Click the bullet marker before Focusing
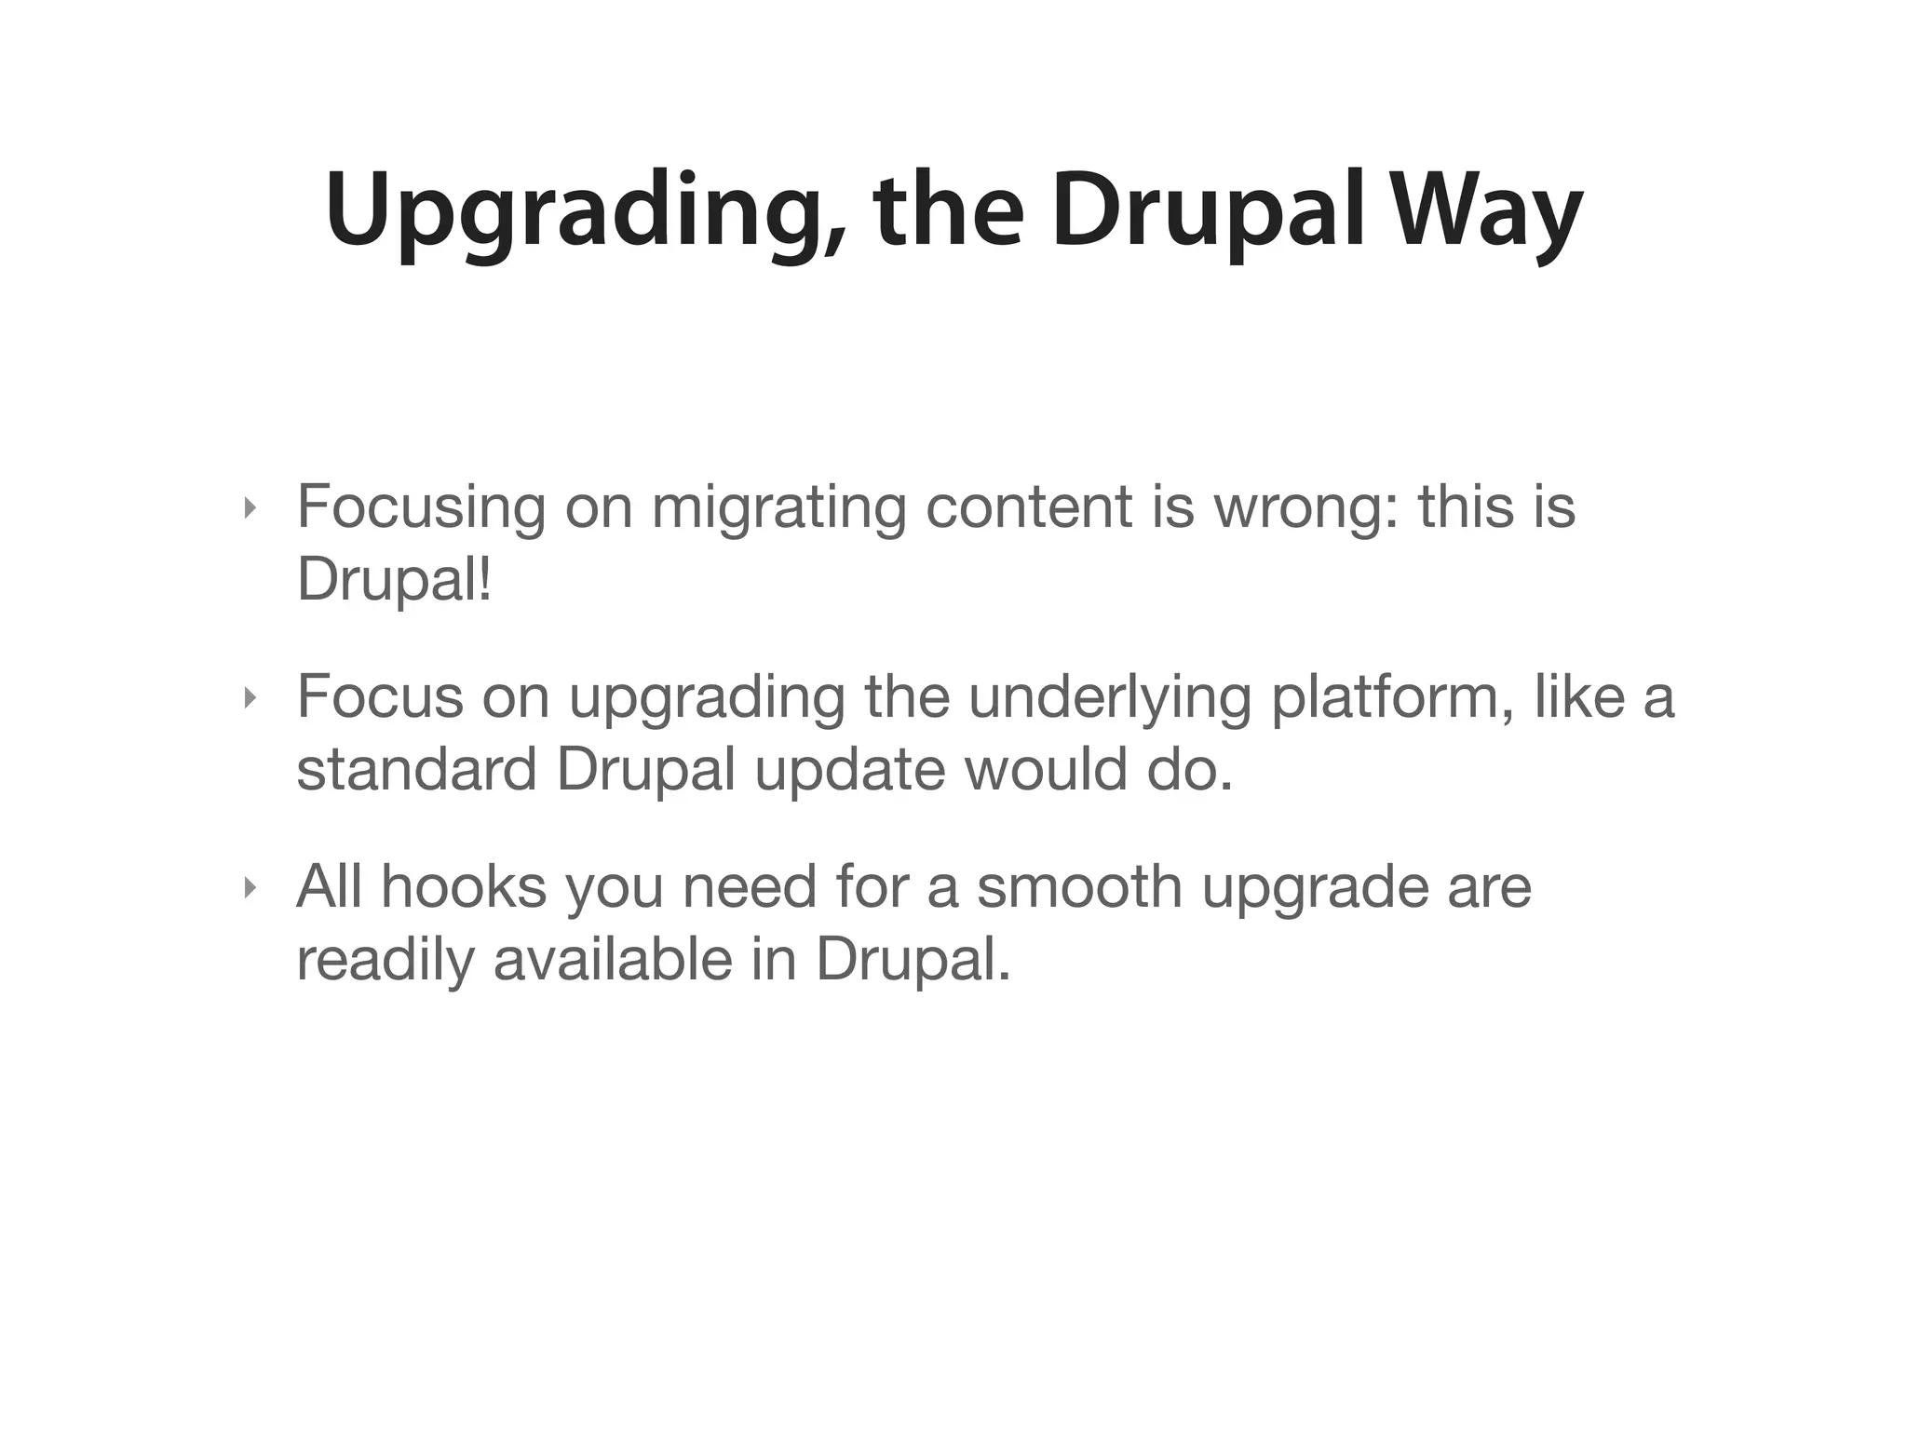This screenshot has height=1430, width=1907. (x=248, y=508)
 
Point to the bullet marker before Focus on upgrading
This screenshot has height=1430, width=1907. (x=248, y=698)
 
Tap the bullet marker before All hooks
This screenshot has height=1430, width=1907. (x=248, y=888)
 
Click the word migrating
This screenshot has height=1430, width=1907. (x=778, y=508)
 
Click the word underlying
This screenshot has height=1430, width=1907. (x=1109, y=698)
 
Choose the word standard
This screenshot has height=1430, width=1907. (x=416, y=771)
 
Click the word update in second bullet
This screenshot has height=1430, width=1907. (x=849, y=771)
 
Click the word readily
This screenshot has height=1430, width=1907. (x=385, y=961)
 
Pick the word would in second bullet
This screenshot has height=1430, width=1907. (x=1045, y=771)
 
